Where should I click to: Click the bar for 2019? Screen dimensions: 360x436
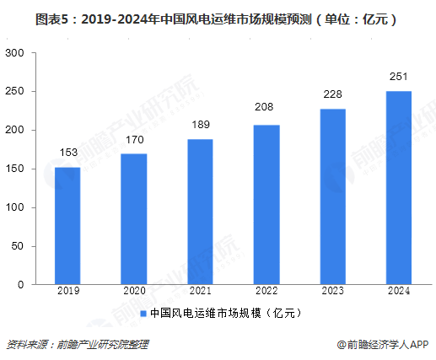pos(67,226)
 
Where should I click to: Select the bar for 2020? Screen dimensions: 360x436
pos(134,219)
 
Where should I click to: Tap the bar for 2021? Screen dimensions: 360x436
pos(200,212)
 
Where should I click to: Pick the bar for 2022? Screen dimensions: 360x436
pos(266,205)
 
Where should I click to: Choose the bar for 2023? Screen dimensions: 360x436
pos(332,196)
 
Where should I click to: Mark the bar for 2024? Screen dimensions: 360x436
pos(399,188)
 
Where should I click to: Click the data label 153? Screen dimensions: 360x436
pos(67,153)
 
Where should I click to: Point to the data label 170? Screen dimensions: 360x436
pos(134,140)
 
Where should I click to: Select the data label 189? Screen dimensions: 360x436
pos(200,125)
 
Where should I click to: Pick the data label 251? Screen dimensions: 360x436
pos(399,77)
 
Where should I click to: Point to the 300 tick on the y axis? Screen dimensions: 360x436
pos(15,53)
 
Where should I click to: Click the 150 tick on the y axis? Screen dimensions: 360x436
pos(15,169)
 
